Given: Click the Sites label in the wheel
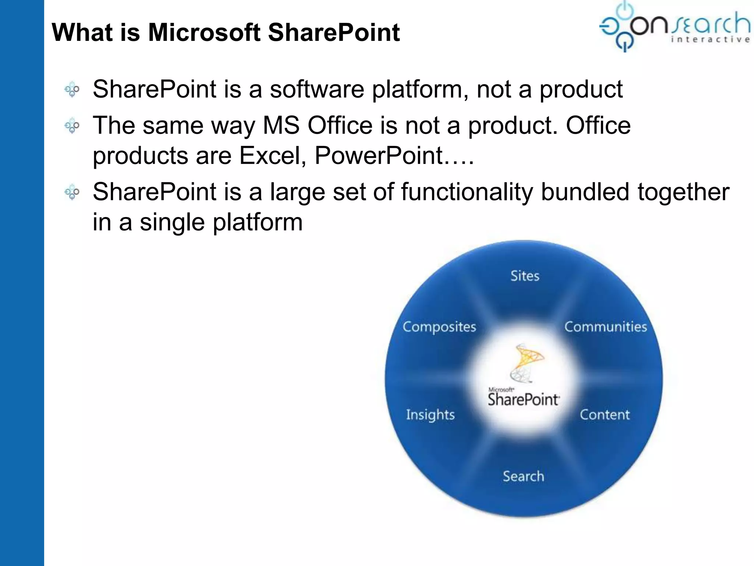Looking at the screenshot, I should click(525, 276).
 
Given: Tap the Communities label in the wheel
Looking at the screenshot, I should click(605, 327).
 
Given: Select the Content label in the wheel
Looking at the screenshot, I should click(605, 415).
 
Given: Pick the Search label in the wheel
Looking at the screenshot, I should click(523, 476).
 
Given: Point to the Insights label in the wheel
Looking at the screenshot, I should click(430, 415).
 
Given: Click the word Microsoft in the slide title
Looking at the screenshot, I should click(204, 32).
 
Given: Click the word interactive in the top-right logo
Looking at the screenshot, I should click(710, 40).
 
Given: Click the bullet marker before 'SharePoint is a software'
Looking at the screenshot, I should click(72, 90).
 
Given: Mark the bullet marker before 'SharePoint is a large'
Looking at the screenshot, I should click(72, 192).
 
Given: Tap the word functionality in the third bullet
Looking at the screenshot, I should click(467, 192).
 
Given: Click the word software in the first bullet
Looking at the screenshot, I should click(317, 90).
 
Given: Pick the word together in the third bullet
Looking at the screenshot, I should click(683, 192).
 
